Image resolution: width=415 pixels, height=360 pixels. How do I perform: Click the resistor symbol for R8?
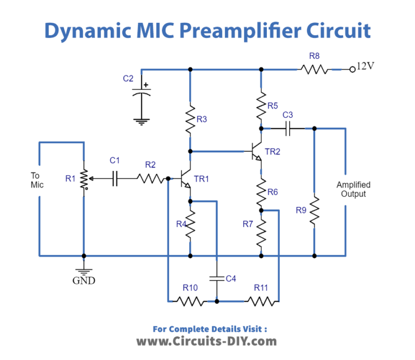(x=314, y=69)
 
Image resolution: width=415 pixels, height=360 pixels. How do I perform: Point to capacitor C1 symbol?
(x=115, y=178)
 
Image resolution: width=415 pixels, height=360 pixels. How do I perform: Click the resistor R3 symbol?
(x=190, y=121)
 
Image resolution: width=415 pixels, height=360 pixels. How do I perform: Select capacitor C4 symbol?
(x=216, y=278)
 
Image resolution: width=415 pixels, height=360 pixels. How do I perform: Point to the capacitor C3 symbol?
(x=288, y=129)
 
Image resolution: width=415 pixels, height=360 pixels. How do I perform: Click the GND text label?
(x=84, y=281)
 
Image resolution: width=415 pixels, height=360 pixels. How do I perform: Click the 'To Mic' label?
(x=36, y=180)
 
